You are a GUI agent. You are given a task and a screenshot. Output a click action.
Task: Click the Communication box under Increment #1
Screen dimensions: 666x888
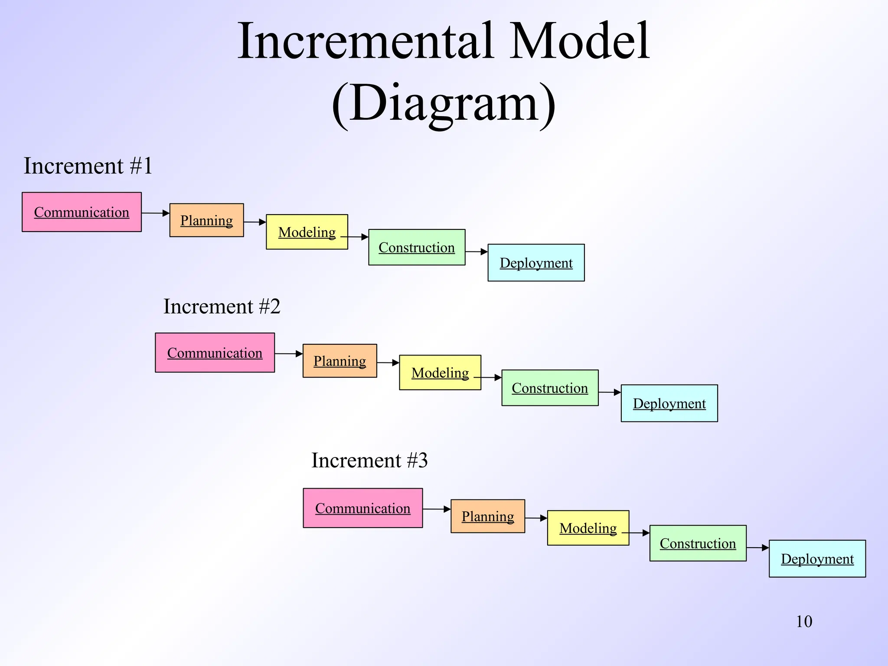coord(82,212)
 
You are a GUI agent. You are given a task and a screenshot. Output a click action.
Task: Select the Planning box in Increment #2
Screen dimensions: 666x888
coord(340,361)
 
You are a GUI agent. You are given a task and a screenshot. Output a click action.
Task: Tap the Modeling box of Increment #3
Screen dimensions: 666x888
coord(588,528)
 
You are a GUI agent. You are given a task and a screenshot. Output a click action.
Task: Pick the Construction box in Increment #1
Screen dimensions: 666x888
coord(417,247)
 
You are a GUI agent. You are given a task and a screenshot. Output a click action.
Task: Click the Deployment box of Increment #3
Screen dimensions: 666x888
coord(817,558)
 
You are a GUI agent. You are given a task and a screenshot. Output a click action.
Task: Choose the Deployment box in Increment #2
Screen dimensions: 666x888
coord(669,403)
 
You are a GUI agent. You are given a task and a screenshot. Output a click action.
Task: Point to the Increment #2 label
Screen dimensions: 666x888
coord(222,307)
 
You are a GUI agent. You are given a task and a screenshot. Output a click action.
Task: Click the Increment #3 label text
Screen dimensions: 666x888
coord(369,460)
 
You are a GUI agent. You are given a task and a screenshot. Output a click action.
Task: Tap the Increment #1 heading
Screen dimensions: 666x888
coord(88,166)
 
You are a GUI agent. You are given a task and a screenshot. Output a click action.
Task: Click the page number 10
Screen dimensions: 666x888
coord(804,621)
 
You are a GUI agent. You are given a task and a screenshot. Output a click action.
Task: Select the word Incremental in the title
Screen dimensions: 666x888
coord(366,41)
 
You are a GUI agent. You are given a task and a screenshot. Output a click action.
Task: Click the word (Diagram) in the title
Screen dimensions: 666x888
coord(443,104)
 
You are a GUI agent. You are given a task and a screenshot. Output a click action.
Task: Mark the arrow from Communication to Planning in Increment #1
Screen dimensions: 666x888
coord(155,213)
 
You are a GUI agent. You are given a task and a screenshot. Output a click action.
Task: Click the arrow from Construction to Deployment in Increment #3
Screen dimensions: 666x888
coord(757,548)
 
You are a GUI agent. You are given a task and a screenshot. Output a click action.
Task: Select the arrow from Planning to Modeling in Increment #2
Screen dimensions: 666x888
coord(388,362)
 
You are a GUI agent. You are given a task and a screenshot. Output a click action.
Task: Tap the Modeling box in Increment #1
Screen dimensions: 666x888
coord(307,232)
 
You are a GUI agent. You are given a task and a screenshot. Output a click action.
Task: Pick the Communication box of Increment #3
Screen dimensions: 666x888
coord(362,508)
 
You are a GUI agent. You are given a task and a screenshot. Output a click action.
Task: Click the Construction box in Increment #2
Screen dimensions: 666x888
coord(550,388)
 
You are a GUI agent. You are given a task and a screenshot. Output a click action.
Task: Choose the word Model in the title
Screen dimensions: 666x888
coord(579,41)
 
